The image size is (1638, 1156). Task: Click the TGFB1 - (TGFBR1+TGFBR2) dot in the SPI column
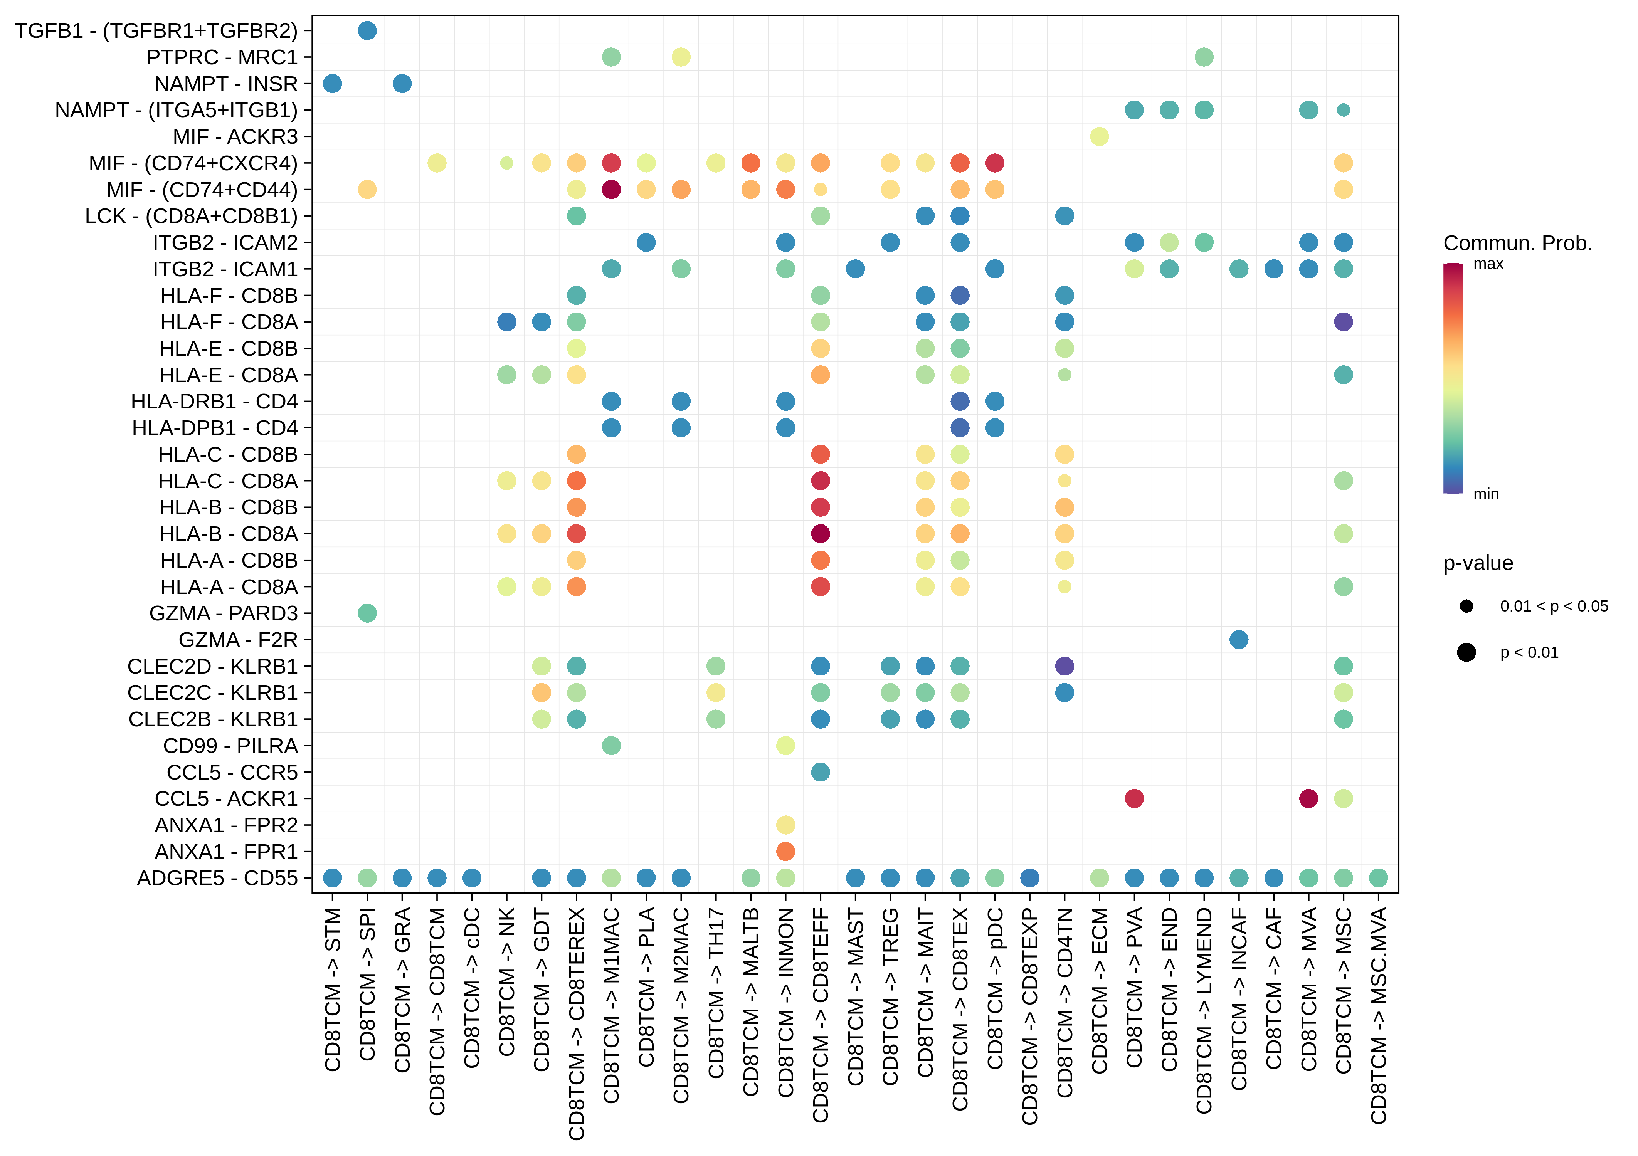coord(367,31)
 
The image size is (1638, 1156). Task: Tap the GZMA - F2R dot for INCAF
coord(1238,640)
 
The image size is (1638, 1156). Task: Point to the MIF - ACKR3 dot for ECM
coord(1099,136)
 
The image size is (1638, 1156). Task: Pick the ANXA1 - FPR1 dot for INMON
coord(785,852)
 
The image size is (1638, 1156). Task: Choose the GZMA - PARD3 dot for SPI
coord(367,613)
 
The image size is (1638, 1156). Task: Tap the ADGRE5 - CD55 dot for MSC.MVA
coord(1378,878)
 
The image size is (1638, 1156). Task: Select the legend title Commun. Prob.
coord(1517,243)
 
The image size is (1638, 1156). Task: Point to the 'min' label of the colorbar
coord(1486,494)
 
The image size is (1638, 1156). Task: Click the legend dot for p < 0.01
coord(1466,652)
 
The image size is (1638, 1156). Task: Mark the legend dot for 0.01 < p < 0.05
coord(1466,606)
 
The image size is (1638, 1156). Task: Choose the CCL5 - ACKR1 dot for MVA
coord(1308,799)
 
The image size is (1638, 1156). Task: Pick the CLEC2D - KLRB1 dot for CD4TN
coord(1065,666)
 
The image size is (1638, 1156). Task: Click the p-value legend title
coord(1478,563)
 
